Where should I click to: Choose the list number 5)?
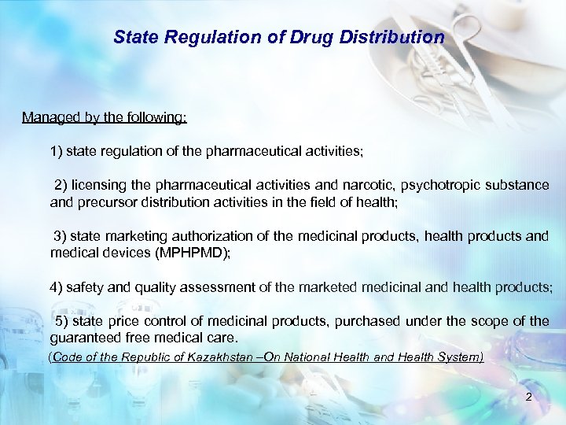tap(62, 321)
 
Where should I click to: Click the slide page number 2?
tap(529, 397)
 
